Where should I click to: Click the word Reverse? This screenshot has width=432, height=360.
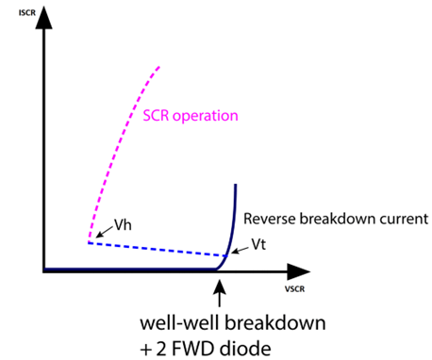pyautogui.click(x=270, y=219)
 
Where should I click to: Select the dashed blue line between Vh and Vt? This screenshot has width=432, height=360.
pyautogui.click(x=160, y=249)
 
